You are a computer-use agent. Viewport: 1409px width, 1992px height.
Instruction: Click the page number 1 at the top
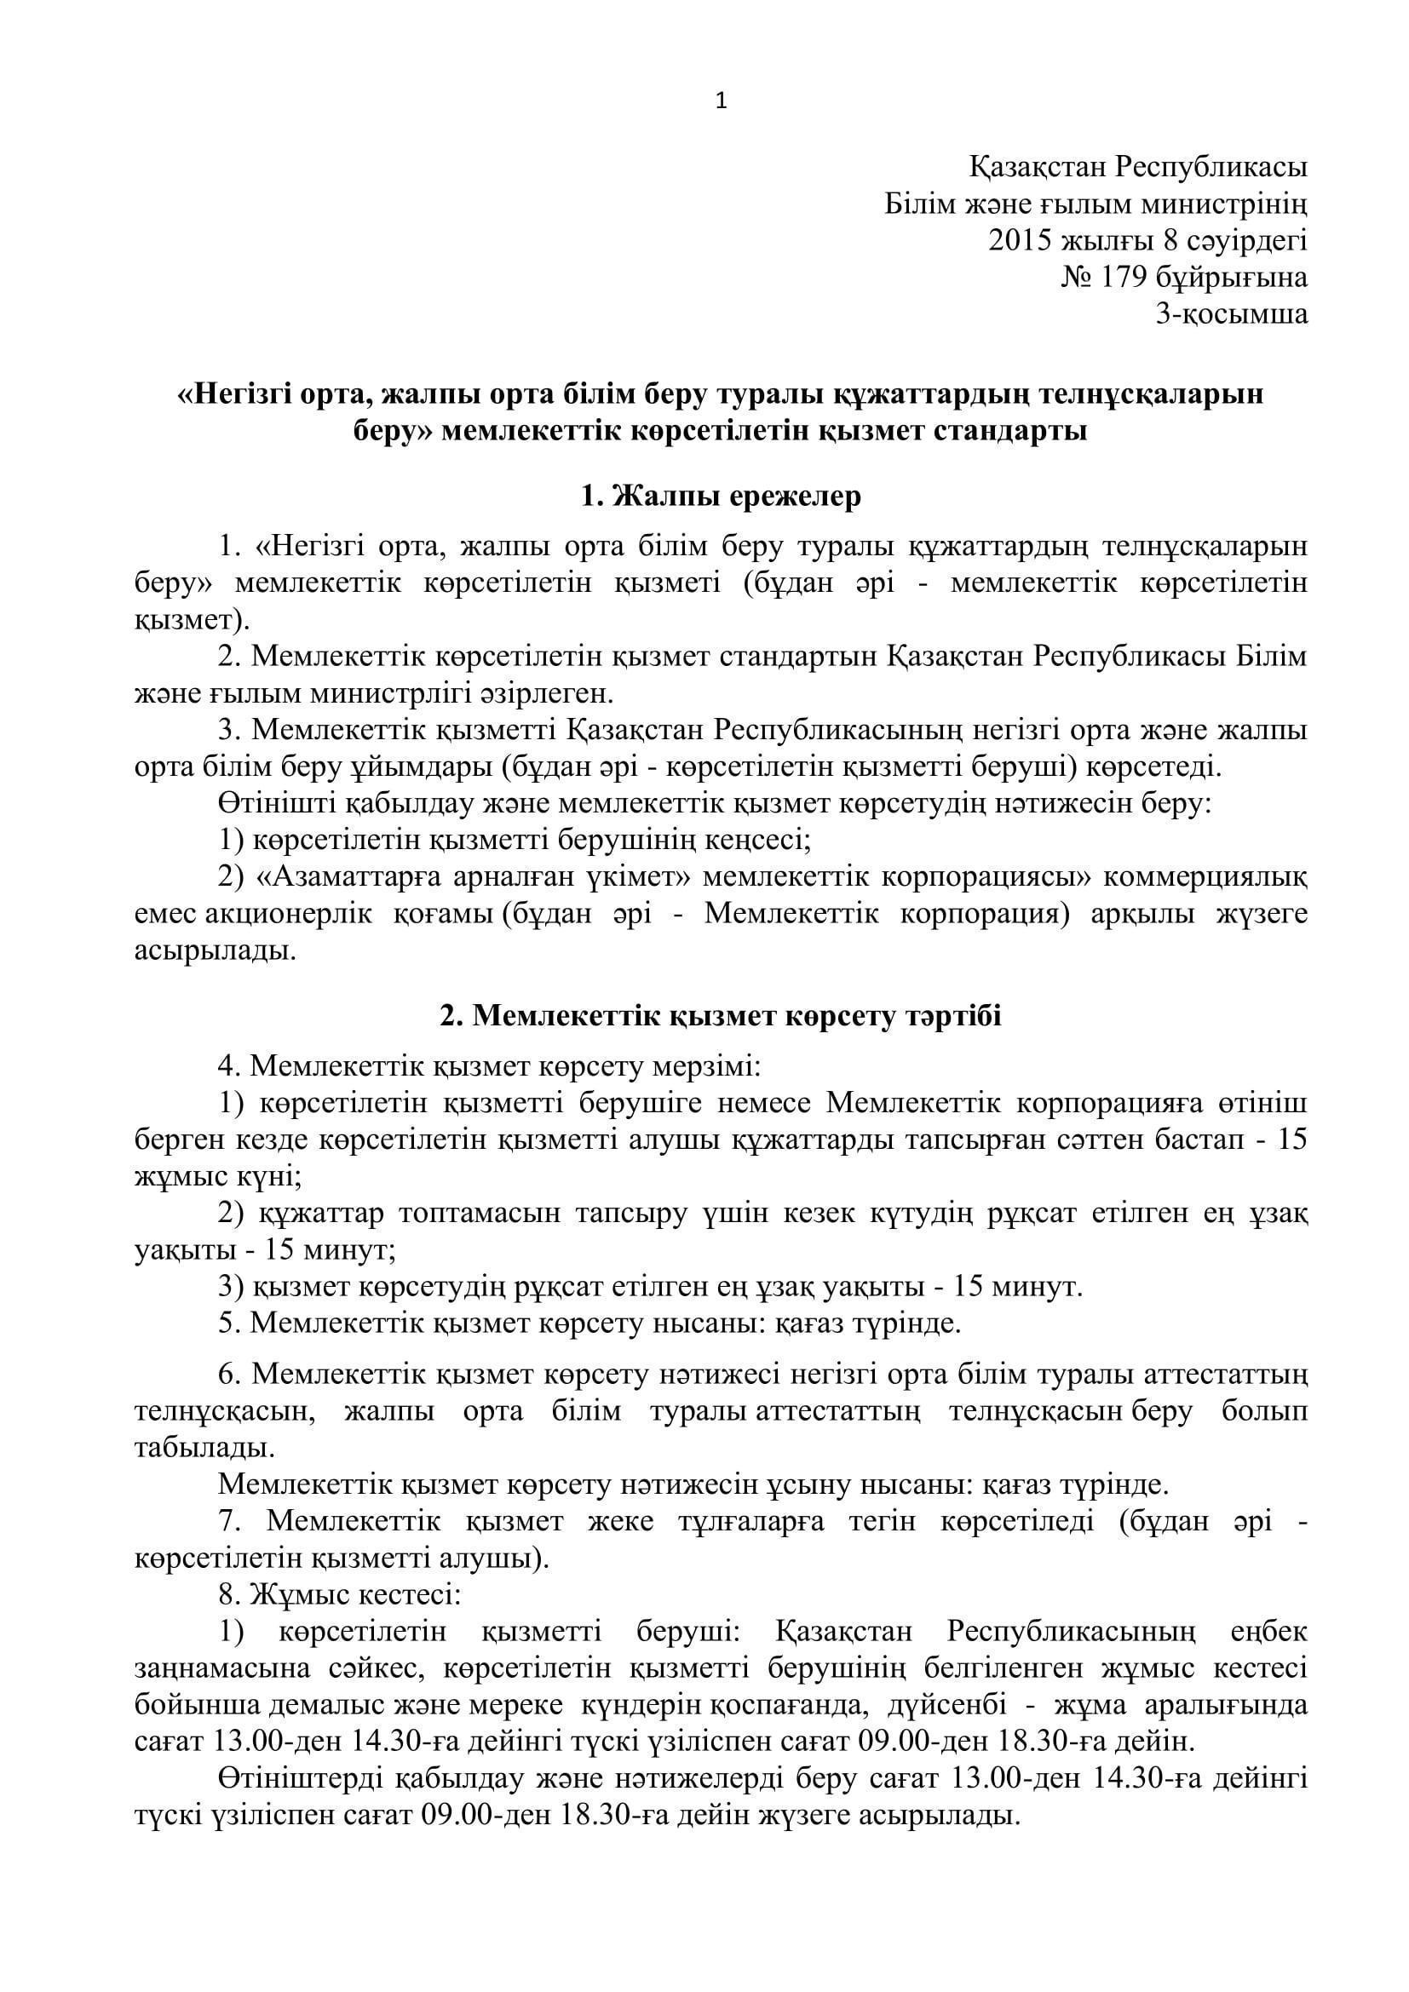tap(721, 102)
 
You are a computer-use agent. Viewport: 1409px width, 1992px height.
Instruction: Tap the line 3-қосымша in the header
tap(1231, 313)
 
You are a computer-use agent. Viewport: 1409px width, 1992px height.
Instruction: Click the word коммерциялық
tap(1205, 877)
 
